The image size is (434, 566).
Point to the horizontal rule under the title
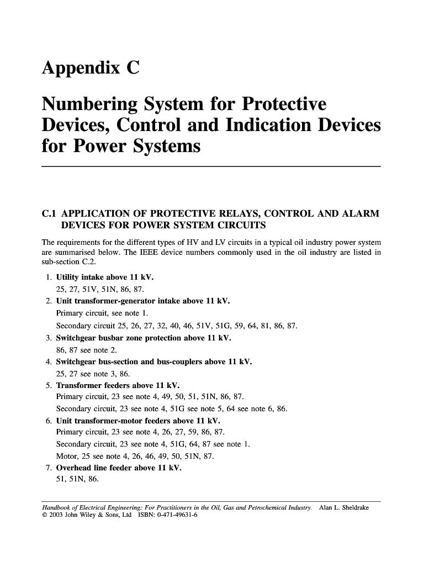(x=211, y=166)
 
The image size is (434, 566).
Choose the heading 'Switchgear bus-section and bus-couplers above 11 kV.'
(x=154, y=362)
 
